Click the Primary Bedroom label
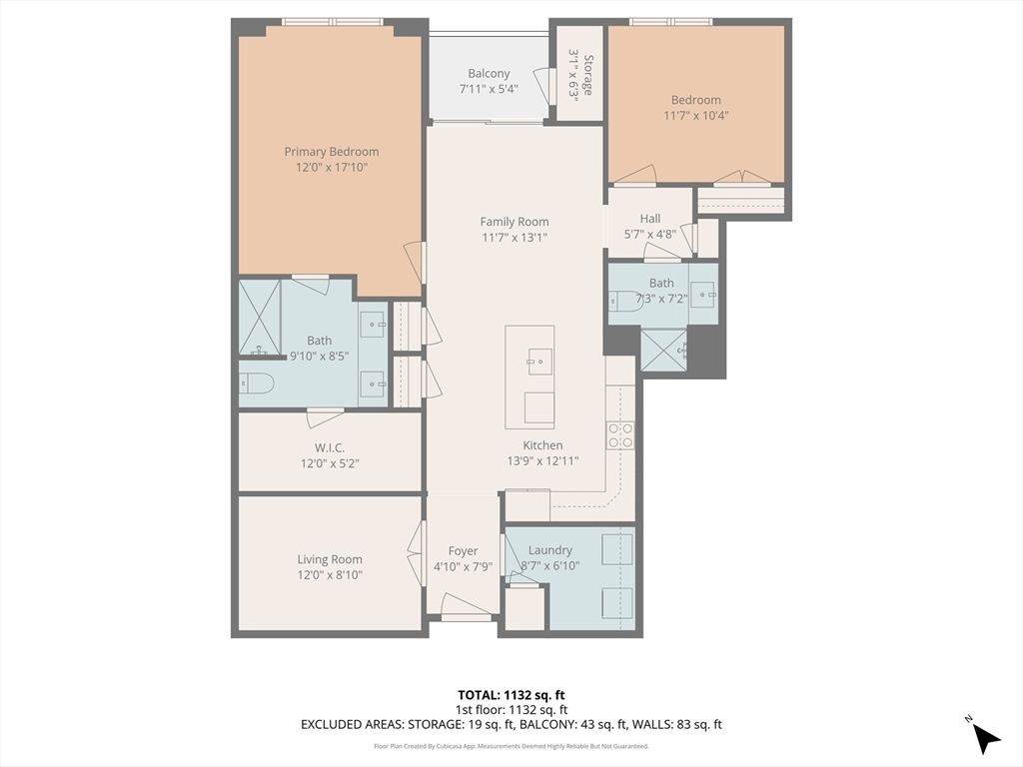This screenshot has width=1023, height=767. [x=332, y=152]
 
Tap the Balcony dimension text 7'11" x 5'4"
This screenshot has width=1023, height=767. [x=489, y=89]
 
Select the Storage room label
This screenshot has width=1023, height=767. [x=587, y=75]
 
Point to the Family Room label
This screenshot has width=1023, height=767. [x=514, y=222]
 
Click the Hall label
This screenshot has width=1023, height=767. [x=649, y=219]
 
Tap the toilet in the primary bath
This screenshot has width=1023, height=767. [x=256, y=383]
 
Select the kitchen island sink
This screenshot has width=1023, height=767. [x=539, y=362]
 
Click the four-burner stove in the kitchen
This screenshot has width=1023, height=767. [x=620, y=435]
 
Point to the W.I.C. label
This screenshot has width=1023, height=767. [x=330, y=448]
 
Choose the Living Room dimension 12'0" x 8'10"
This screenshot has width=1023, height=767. [x=330, y=574]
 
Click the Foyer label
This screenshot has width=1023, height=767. [x=463, y=551]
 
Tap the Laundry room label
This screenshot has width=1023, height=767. [x=550, y=550]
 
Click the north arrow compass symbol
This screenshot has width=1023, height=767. [x=984, y=735]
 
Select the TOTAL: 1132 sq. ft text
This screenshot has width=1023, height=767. [x=511, y=695]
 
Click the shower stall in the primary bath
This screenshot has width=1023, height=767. [x=260, y=318]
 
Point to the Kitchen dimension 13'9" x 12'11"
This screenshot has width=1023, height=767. [x=542, y=461]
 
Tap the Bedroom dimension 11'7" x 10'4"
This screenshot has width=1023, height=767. [x=696, y=116]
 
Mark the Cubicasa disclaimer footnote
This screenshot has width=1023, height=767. [x=511, y=746]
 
